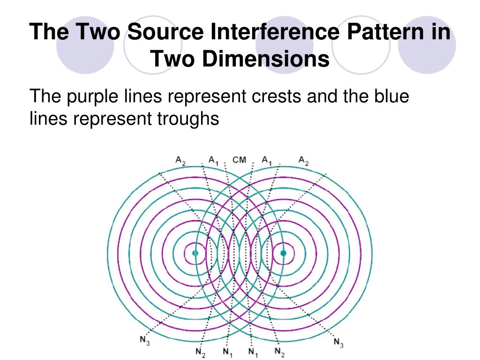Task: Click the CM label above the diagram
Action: (x=239, y=160)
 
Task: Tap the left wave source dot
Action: (x=195, y=253)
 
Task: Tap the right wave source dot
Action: (x=283, y=253)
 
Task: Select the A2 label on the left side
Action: (x=181, y=160)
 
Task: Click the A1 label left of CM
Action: (x=214, y=161)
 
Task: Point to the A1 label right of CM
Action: (x=267, y=161)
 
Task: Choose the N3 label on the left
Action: (x=145, y=341)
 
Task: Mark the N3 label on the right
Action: (x=338, y=343)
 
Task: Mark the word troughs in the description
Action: (x=186, y=119)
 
